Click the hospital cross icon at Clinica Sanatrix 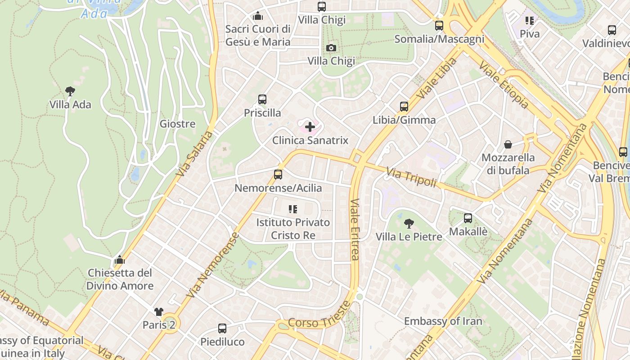[x=310, y=127]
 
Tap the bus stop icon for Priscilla [x=262, y=99]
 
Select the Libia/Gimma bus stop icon [x=404, y=107]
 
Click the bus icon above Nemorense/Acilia [x=278, y=175]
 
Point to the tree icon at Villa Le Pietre [x=409, y=223]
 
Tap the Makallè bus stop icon [x=468, y=218]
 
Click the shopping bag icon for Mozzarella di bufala [x=508, y=144]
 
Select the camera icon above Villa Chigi [x=331, y=48]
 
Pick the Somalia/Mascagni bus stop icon [x=439, y=26]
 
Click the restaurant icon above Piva [x=530, y=20]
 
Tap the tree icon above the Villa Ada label [x=70, y=91]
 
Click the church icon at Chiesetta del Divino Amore [x=120, y=260]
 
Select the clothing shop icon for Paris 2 [x=158, y=311]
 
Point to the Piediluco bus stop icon [x=222, y=328]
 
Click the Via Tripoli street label [x=411, y=177]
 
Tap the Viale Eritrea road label [x=355, y=229]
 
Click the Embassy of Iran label [x=443, y=321]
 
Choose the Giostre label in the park [x=178, y=124]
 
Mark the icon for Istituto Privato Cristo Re [x=293, y=209]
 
